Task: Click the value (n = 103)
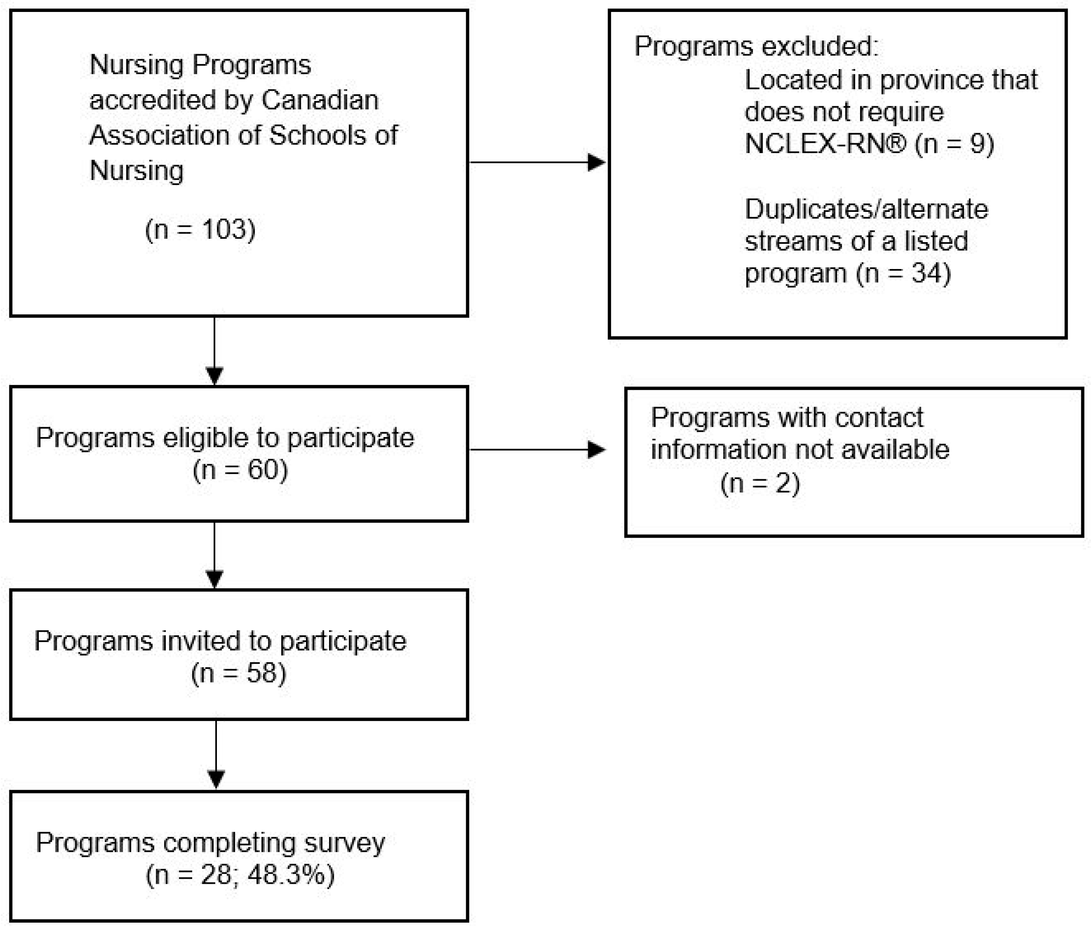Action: (200, 230)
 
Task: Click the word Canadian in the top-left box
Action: (320, 100)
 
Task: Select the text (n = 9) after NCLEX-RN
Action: (954, 144)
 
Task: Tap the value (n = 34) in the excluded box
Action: (903, 273)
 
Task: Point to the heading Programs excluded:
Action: (756, 46)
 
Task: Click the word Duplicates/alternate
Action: (866, 209)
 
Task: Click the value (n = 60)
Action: (240, 469)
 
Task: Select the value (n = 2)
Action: (760, 483)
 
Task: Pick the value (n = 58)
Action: (239, 673)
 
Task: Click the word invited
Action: (201, 641)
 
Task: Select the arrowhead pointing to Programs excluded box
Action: (596, 162)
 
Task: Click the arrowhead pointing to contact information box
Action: (596, 449)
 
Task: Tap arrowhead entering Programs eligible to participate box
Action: (214, 375)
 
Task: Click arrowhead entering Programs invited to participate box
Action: (214, 579)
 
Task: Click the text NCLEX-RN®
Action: (825, 144)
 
